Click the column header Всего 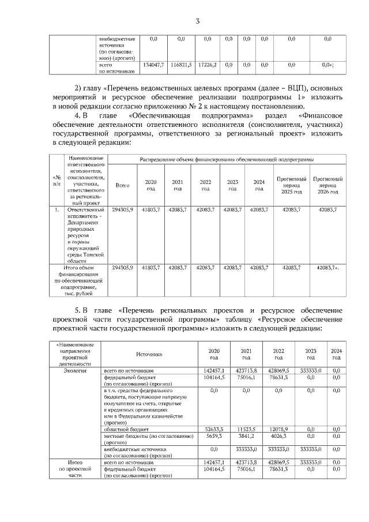pyautogui.click(x=122, y=185)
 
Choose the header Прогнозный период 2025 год pyautogui.click(x=291, y=185)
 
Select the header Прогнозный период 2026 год pyautogui.click(x=327, y=185)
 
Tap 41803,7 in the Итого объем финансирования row pyautogui.click(x=150, y=268)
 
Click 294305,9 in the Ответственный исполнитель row pyautogui.click(x=122, y=210)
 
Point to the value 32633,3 pyautogui.click(x=214, y=430)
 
